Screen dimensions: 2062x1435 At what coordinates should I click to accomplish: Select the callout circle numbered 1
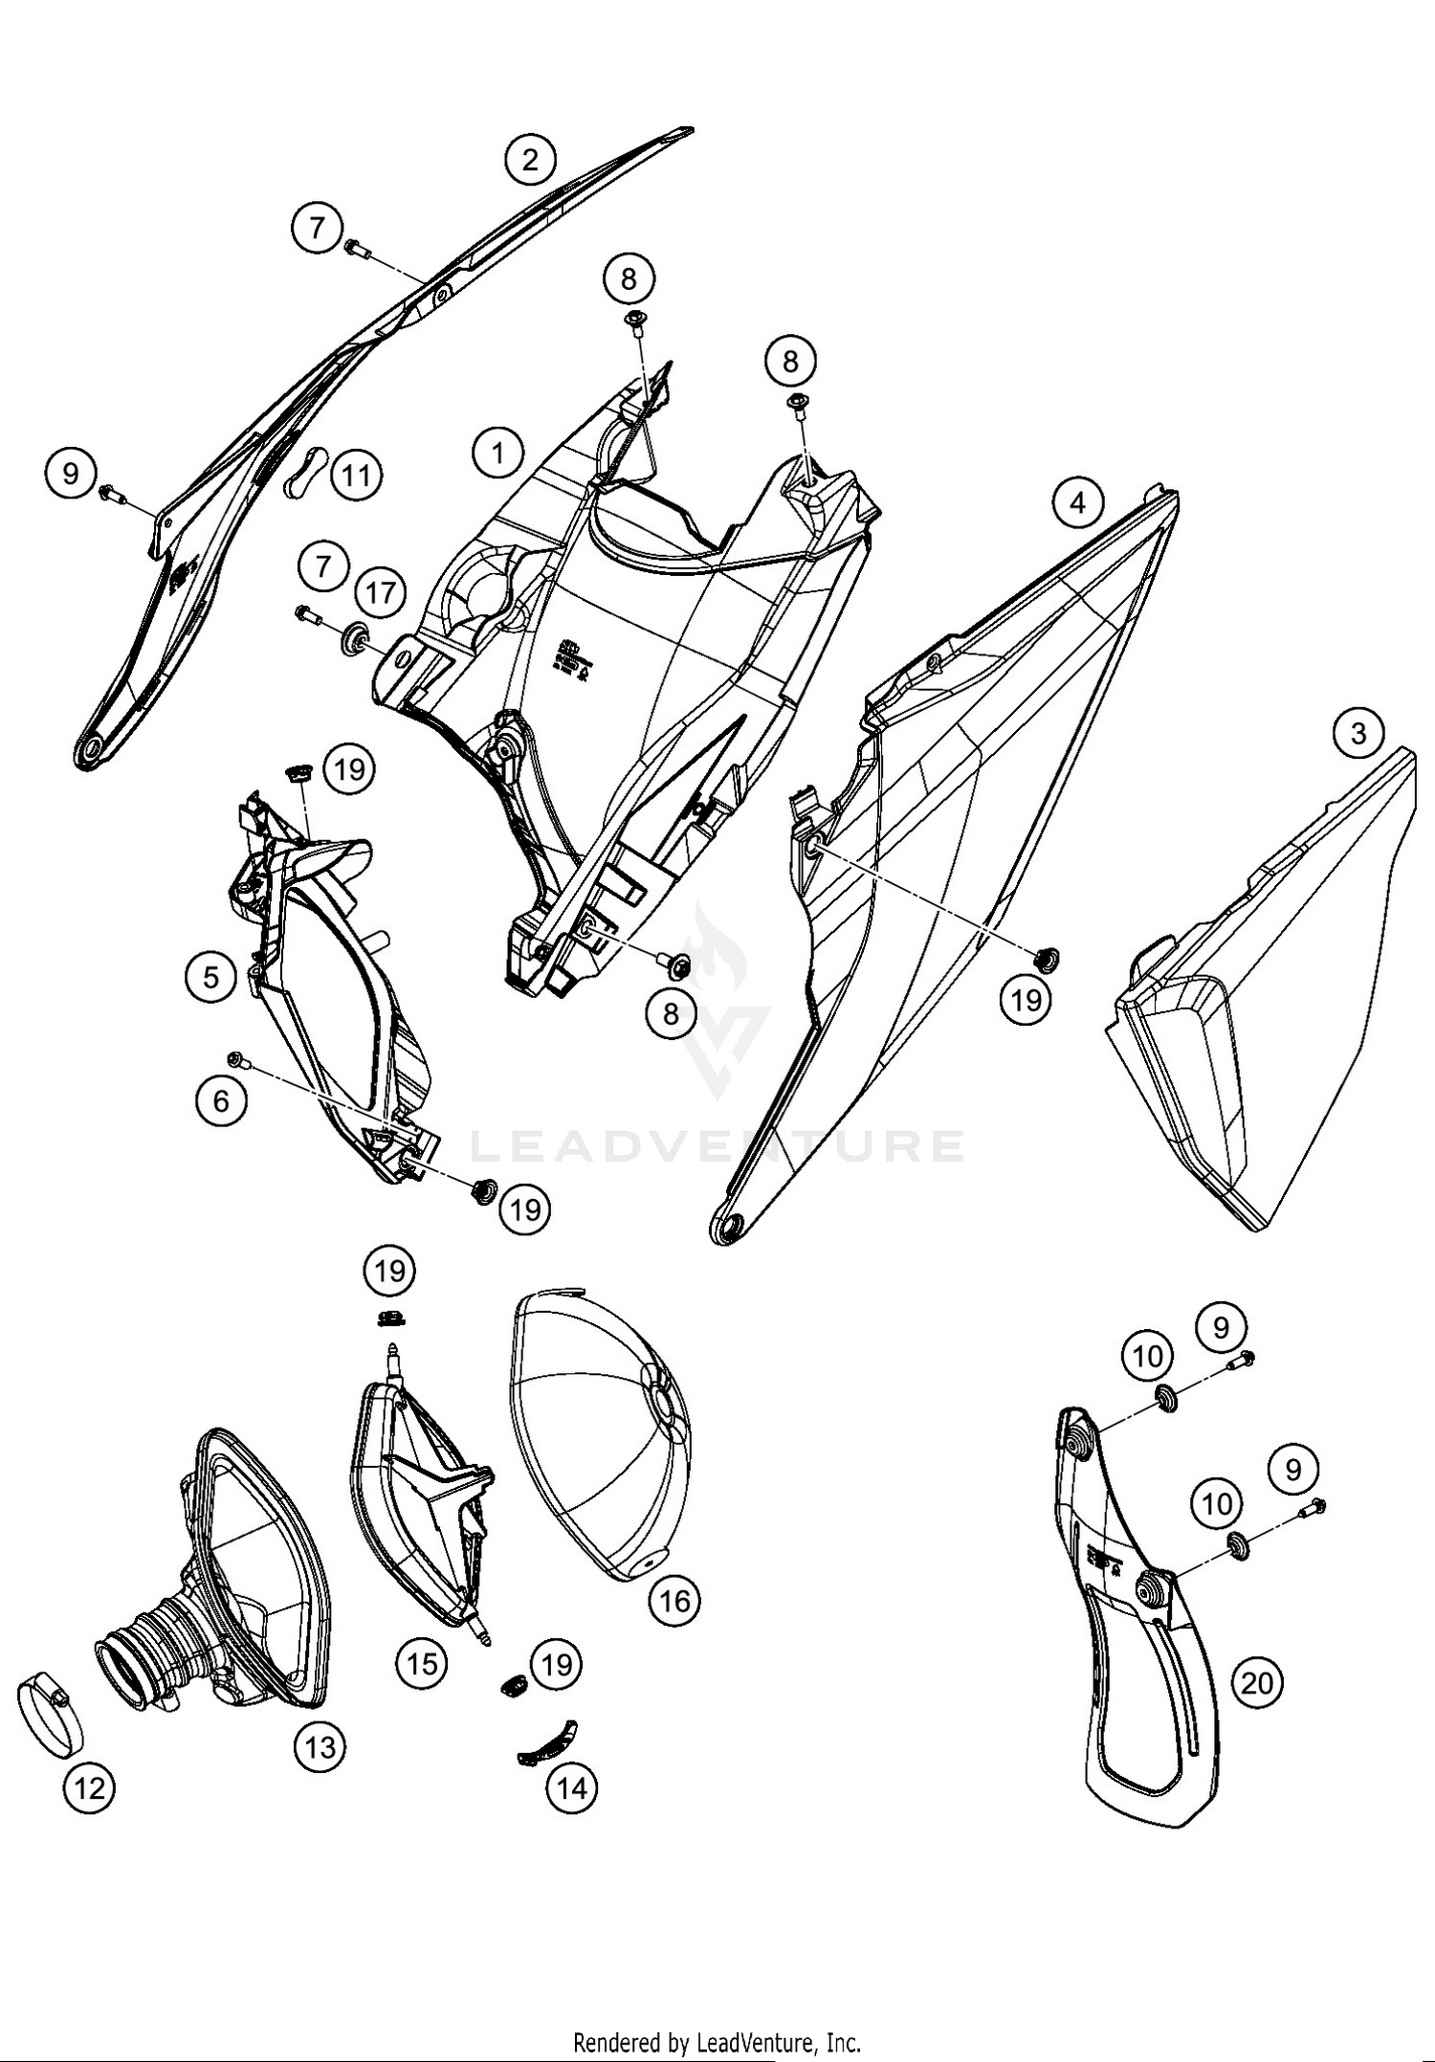497,452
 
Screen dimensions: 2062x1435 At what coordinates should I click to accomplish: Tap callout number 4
1078,501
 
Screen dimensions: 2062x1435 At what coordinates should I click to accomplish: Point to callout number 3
1358,734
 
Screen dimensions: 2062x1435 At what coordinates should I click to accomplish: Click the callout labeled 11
356,475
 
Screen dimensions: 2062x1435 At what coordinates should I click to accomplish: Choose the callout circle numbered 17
380,593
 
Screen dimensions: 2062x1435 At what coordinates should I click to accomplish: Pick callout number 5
211,976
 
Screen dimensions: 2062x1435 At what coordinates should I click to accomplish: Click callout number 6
221,1101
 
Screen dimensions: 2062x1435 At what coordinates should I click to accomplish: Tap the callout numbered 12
90,1786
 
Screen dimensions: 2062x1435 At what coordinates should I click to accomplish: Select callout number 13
320,1747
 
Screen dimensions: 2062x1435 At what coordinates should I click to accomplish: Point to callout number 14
572,1786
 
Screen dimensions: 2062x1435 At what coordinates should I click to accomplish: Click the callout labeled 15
422,1664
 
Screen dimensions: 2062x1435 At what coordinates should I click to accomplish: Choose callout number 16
674,1600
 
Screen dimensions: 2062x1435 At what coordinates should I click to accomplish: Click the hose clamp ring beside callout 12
50,1717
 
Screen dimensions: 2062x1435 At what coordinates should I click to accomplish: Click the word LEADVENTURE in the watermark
717,1145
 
